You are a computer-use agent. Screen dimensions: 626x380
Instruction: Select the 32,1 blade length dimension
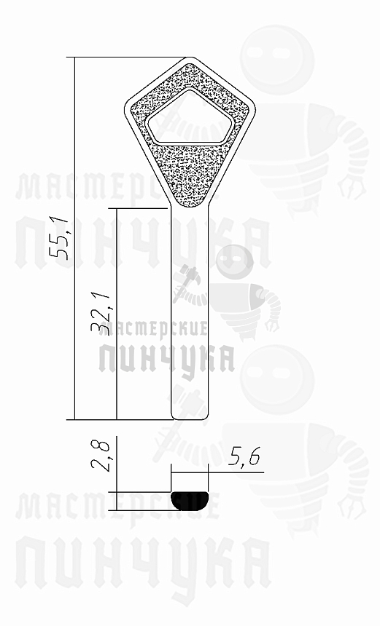click(103, 313)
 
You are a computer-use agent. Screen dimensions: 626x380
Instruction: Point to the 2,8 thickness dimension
click(102, 456)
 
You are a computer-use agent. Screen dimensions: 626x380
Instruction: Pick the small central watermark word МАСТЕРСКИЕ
click(162, 328)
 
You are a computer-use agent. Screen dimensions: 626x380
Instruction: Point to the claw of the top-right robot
click(355, 186)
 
